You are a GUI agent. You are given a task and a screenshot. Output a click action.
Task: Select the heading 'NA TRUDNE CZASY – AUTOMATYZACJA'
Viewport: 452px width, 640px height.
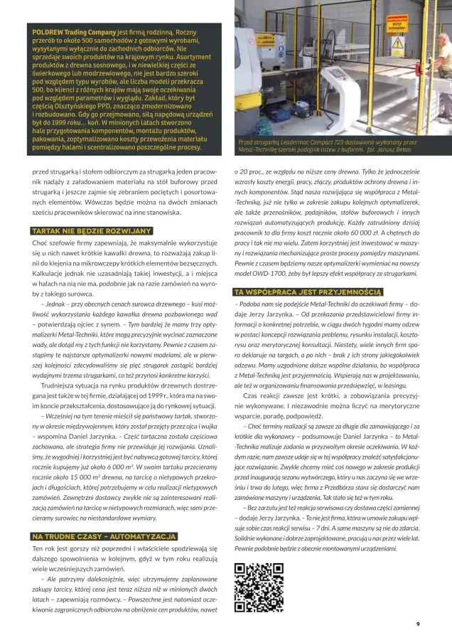(95, 535)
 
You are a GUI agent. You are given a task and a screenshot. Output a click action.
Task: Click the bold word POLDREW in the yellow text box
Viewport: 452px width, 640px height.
(46, 33)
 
